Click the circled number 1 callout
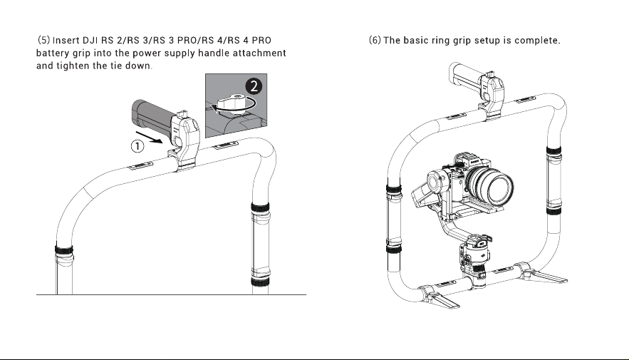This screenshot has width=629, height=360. point(137,145)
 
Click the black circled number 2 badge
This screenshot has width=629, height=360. point(254,86)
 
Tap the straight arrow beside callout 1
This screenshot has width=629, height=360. point(149,136)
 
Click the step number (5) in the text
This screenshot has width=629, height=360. point(43,40)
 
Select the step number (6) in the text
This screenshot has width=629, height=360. point(375,40)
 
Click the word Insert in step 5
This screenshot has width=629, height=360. point(66,41)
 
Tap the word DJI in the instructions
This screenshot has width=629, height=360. point(90,41)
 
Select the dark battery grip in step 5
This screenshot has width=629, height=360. point(152,114)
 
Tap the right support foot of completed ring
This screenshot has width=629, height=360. point(542,274)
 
